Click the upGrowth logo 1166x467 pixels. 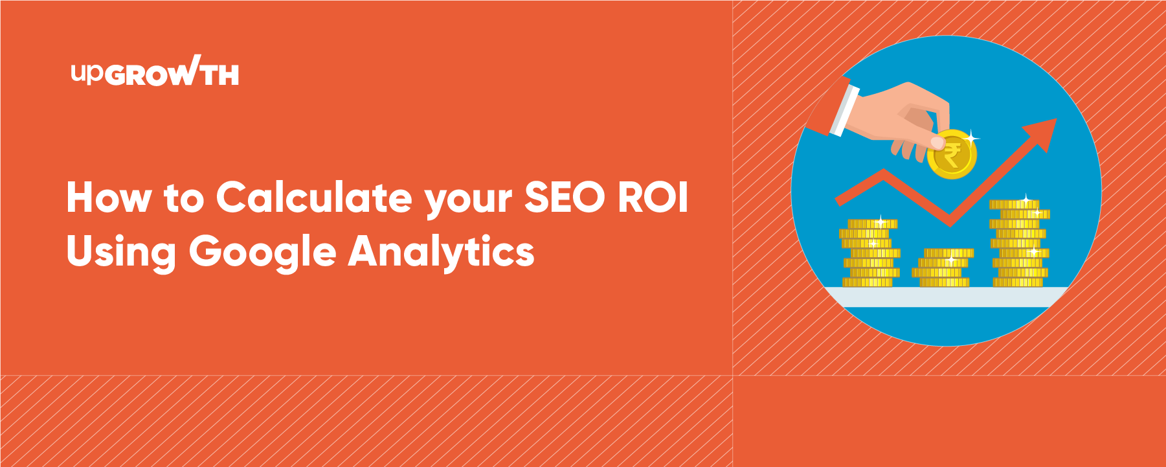(x=155, y=71)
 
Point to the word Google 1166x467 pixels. (x=262, y=252)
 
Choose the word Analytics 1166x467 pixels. (x=442, y=251)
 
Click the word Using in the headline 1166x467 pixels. (x=121, y=252)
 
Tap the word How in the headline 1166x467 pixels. (x=108, y=197)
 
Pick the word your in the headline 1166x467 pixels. (x=468, y=200)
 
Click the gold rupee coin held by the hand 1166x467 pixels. (x=951, y=154)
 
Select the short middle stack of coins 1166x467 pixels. (x=943, y=268)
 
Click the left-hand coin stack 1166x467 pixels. (x=871, y=253)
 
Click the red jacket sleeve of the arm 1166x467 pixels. (x=827, y=107)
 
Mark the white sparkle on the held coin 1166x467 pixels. (x=971, y=137)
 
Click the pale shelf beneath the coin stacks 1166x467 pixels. (x=947, y=297)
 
